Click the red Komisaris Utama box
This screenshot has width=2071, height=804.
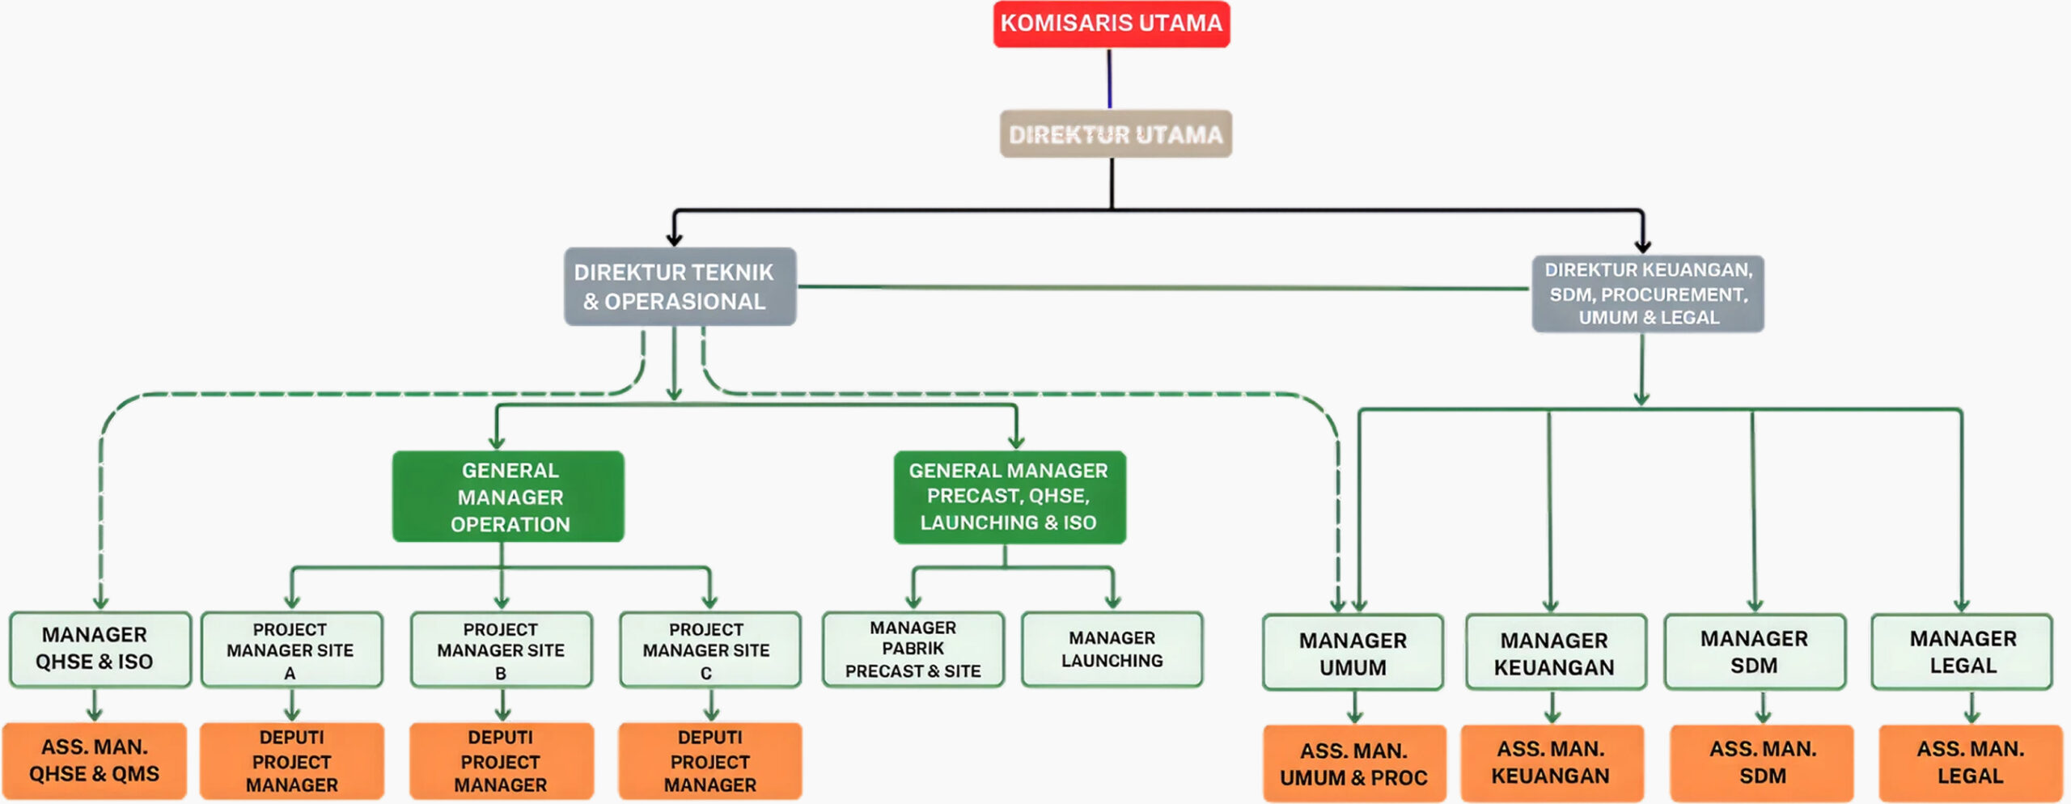[1112, 23]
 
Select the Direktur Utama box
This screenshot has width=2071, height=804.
[1116, 134]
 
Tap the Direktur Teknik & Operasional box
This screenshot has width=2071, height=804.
[680, 286]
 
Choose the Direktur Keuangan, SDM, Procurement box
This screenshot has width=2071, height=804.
[1648, 294]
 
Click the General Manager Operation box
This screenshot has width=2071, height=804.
[508, 497]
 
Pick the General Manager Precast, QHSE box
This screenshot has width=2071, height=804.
[1010, 497]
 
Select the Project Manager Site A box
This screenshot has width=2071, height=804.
[291, 650]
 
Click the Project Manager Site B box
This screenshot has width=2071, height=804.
[501, 650]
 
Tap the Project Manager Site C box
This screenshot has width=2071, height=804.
[709, 650]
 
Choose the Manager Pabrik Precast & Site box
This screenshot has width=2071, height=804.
[913, 650]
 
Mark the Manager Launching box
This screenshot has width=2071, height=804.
[1112, 650]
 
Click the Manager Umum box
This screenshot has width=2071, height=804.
[1353, 653]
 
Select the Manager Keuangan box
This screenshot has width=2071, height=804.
[1555, 653]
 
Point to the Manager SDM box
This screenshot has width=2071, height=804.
[1754, 652]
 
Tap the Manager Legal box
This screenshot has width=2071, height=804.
[1962, 652]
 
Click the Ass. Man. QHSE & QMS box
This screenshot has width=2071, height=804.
[95, 760]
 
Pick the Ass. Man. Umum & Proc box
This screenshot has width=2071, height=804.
[1354, 764]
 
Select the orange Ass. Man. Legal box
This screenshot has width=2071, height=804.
[1970, 763]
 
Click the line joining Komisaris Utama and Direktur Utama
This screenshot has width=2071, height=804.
[1109, 78]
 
